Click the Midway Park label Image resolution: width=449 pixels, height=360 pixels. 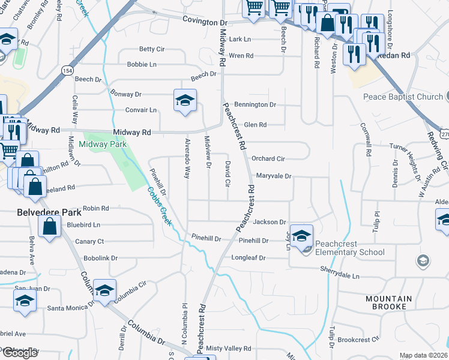click(x=106, y=144)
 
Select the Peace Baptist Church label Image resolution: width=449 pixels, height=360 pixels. click(x=402, y=97)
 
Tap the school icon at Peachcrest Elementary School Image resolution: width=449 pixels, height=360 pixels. click(x=303, y=235)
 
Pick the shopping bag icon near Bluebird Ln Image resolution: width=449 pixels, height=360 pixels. click(x=50, y=227)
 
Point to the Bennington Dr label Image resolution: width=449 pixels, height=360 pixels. click(x=255, y=104)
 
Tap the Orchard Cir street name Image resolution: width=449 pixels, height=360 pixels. click(x=268, y=159)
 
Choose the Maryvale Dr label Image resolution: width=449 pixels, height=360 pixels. click(x=274, y=176)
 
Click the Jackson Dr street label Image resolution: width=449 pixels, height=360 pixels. click(x=270, y=222)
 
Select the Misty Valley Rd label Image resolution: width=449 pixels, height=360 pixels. click(x=228, y=348)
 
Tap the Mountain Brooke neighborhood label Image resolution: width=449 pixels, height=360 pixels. click(x=390, y=304)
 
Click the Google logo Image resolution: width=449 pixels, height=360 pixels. click(x=20, y=353)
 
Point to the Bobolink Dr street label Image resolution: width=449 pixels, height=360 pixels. click(x=97, y=258)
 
